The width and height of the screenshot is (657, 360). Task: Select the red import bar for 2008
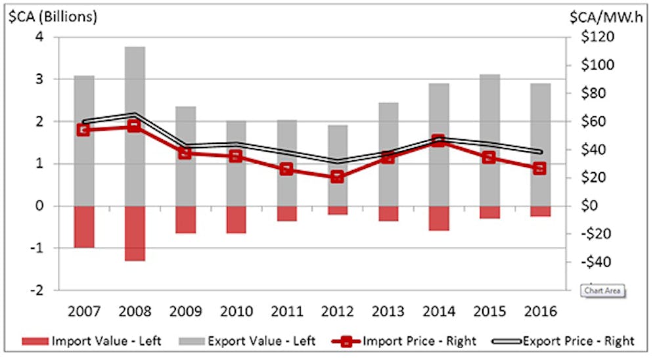(135, 233)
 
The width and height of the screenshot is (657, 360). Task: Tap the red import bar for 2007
(83, 227)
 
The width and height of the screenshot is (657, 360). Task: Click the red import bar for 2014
(438, 218)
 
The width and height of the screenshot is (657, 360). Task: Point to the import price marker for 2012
(337, 177)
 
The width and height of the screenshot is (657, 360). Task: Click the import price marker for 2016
(539, 168)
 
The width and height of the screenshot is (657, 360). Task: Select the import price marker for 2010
(236, 156)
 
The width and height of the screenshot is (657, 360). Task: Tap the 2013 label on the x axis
(387, 311)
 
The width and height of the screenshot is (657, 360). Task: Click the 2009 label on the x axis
(185, 311)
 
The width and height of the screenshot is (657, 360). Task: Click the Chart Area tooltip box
(603, 290)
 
